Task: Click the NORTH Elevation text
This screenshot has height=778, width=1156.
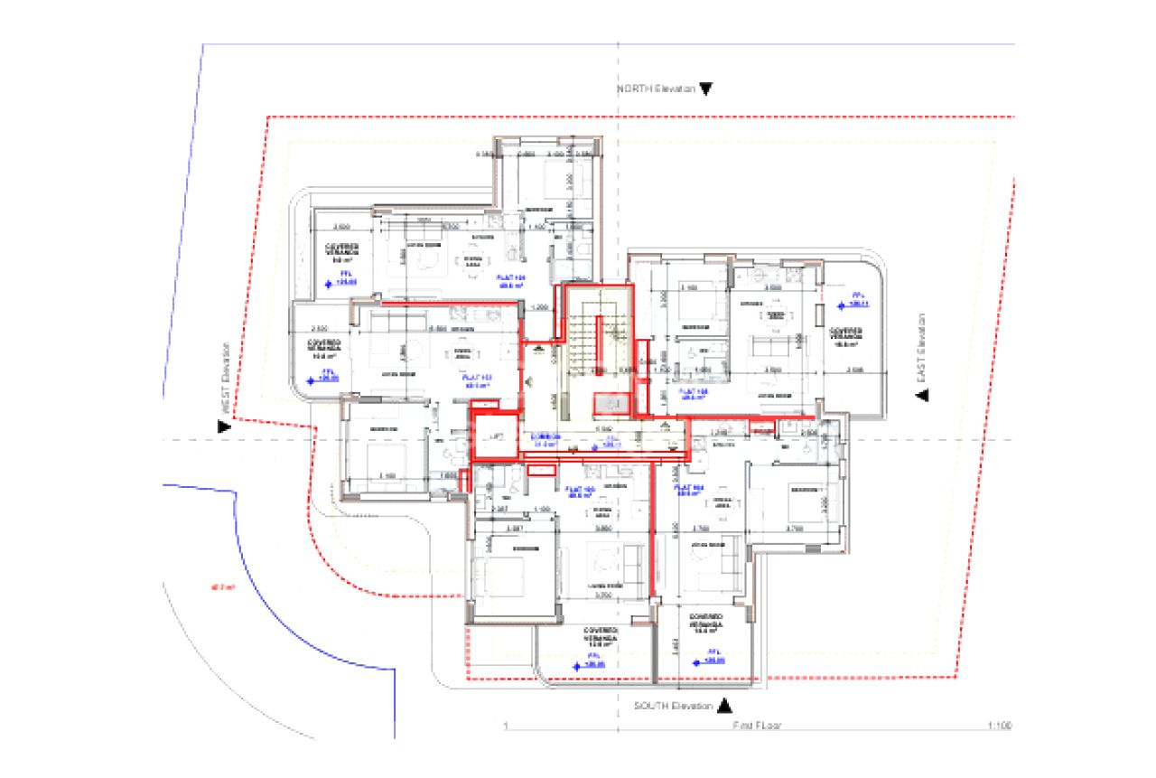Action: point(657,89)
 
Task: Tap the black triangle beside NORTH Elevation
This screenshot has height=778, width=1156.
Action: point(706,89)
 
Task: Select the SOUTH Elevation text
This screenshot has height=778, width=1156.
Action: point(674,705)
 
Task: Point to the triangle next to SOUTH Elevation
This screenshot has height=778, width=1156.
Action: point(729,705)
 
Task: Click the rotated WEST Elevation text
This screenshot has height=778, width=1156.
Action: point(227,379)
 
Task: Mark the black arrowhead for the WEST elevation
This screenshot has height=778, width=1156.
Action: point(224,426)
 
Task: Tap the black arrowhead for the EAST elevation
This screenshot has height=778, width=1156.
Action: point(922,396)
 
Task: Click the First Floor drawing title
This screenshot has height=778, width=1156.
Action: point(759,726)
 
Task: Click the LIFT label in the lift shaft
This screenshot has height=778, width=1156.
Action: point(494,436)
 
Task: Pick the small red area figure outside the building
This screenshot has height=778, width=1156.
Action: point(222,587)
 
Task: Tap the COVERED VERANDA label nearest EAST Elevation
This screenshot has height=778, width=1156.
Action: point(846,336)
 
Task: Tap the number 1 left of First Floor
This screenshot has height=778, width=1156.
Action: point(507,726)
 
